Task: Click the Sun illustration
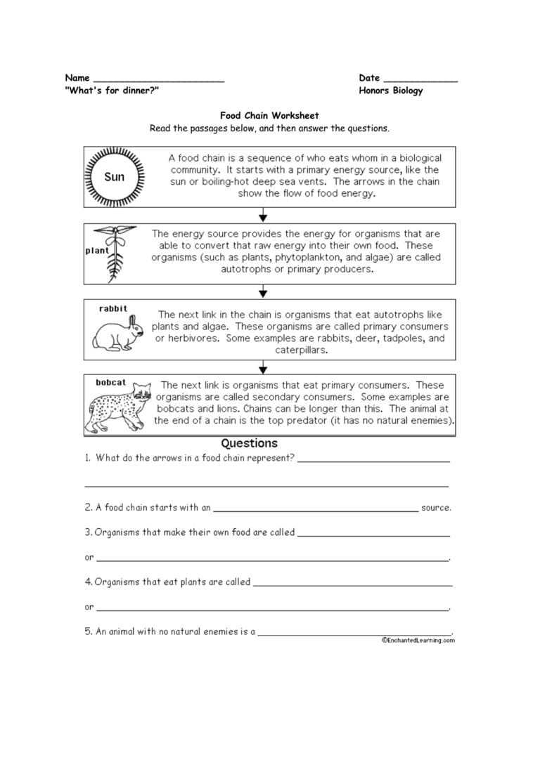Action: (114, 177)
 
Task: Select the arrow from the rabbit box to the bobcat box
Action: (263, 366)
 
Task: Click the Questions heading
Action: (250, 444)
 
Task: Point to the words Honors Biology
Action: (391, 91)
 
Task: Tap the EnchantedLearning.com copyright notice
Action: (418, 640)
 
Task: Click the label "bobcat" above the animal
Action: (111, 382)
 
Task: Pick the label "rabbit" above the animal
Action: (113, 308)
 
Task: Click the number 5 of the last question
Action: (88, 631)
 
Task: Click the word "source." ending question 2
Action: (436, 507)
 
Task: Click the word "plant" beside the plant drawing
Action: (95, 250)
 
